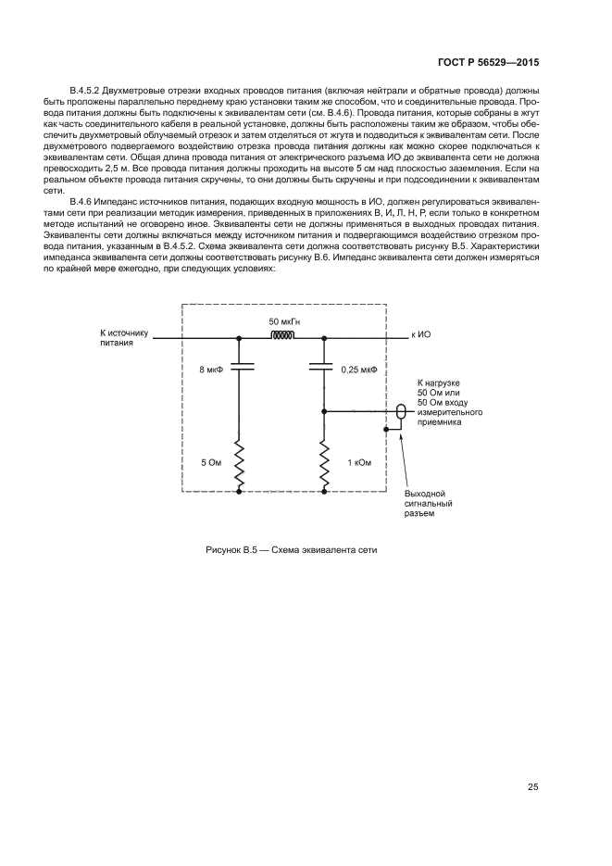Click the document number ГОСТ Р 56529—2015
tap(488, 62)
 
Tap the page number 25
tap(533, 787)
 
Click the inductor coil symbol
tap(281, 338)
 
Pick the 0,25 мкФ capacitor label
tap(359, 370)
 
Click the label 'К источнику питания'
tap(123, 336)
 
